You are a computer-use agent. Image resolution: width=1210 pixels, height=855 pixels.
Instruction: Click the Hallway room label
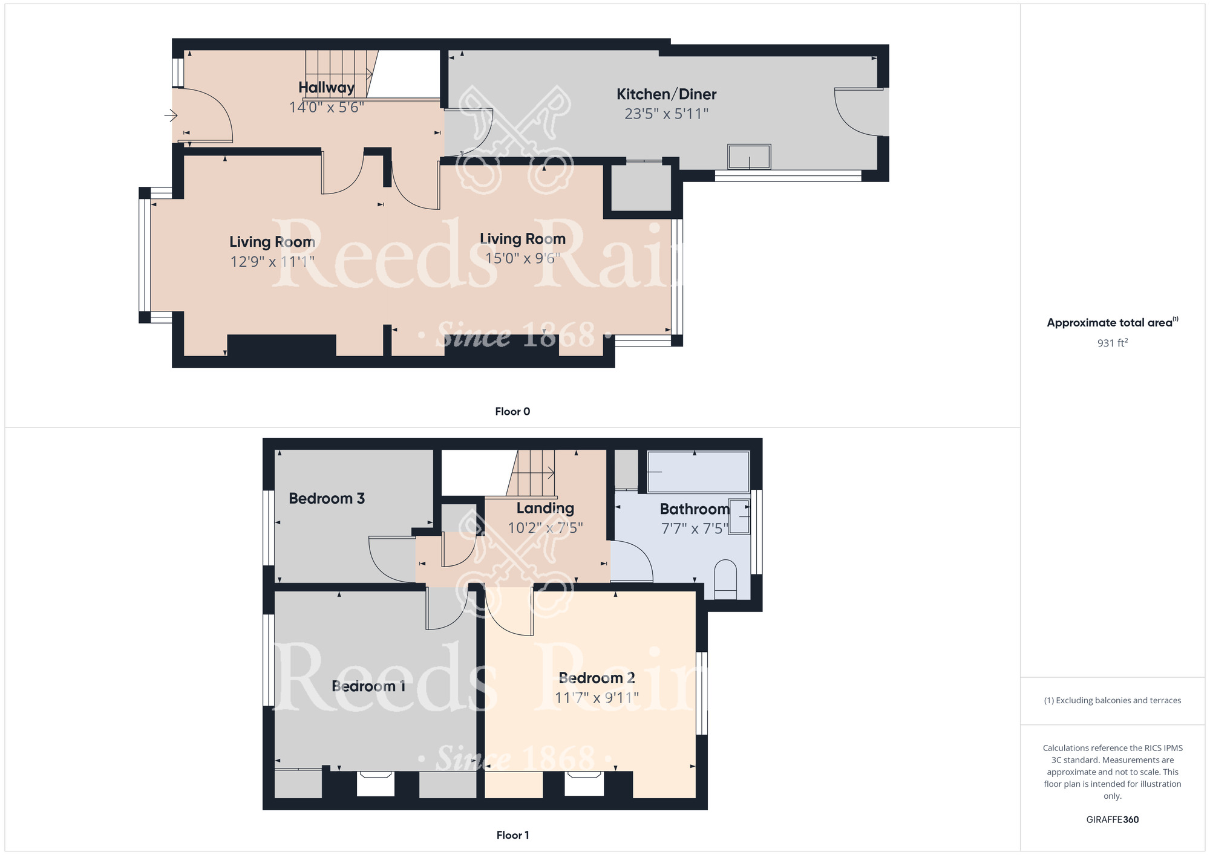click(x=326, y=88)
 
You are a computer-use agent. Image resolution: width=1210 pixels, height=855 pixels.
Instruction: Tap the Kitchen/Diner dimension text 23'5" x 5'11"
click(x=666, y=114)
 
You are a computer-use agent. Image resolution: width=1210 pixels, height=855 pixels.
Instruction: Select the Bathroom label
click(x=695, y=509)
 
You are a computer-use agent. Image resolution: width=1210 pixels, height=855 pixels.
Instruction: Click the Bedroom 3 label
click(x=327, y=498)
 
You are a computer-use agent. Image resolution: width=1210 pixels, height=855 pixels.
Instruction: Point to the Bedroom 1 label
click(x=368, y=686)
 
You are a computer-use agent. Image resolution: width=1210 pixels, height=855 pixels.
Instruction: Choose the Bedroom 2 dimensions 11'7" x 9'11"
click(x=597, y=698)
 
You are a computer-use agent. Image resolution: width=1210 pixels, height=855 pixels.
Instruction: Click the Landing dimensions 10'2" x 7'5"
click(x=544, y=528)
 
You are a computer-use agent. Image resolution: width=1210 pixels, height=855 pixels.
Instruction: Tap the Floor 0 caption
click(x=512, y=411)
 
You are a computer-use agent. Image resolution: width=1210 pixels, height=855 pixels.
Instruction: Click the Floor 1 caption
click(x=512, y=835)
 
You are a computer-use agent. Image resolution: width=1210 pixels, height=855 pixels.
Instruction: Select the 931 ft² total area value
click(x=1112, y=343)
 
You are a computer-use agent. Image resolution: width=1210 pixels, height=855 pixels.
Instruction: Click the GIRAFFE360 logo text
click(x=1112, y=820)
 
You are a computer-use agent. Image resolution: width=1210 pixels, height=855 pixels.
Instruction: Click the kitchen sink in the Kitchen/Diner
click(x=749, y=157)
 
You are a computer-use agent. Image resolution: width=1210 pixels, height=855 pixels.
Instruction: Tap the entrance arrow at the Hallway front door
click(x=171, y=115)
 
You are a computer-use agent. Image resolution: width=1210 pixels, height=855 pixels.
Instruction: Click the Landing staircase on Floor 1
click(x=533, y=473)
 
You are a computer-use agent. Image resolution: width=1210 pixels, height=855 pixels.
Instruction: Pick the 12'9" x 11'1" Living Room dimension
click(x=272, y=262)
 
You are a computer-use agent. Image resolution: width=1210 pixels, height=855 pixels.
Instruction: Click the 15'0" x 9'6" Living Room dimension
click(x=523, y=258)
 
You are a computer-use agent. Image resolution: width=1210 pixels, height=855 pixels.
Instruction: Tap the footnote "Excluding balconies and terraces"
click(x=1112, y=700)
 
